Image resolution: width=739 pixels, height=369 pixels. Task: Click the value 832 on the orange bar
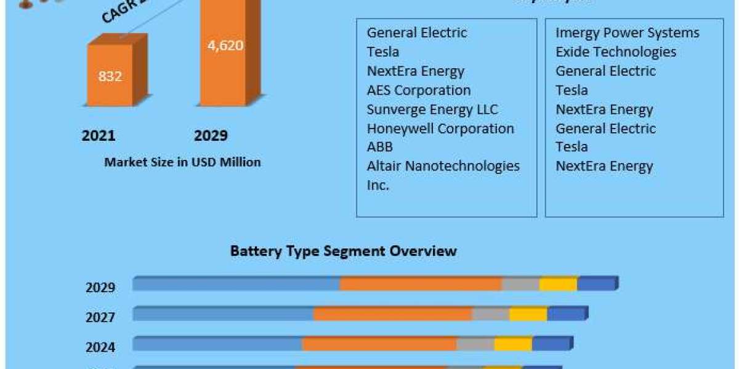(x=110, y=76)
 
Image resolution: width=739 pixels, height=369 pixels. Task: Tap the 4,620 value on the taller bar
(x=225, y=46)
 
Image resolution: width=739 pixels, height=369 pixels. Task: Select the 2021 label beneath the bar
(x=99, y=136)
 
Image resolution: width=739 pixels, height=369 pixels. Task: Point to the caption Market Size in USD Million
(x=182, y=162)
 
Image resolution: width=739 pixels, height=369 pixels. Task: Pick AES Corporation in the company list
(x=419, y=90)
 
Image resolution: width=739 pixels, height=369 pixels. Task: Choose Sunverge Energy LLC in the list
(x=432, y=109)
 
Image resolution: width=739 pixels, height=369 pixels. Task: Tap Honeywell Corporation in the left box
(x=440, y=129)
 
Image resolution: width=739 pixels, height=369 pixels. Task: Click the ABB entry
(x=379, y=147)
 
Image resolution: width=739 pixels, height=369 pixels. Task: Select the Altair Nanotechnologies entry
(x=443, y=166)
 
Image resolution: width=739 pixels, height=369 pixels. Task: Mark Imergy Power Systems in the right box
(x=628, y=33)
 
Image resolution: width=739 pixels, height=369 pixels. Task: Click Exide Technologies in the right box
(x=616, y=52)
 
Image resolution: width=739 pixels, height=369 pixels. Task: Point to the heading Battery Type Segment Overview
(x=344, y=251)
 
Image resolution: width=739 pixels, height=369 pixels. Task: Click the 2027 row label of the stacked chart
(x=100, y=317)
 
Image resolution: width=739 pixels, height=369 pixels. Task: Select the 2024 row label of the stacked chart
(x=100, y=347)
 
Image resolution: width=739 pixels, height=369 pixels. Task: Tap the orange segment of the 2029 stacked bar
(x=421, y=284)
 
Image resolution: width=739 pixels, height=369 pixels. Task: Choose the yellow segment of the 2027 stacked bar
(x=528, y=314)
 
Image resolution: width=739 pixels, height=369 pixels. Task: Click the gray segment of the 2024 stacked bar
(x=475, y=344)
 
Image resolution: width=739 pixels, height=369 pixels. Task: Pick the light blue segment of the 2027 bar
(x=223, y=314)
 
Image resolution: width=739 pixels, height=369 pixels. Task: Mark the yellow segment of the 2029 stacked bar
(x=558, y=284)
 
